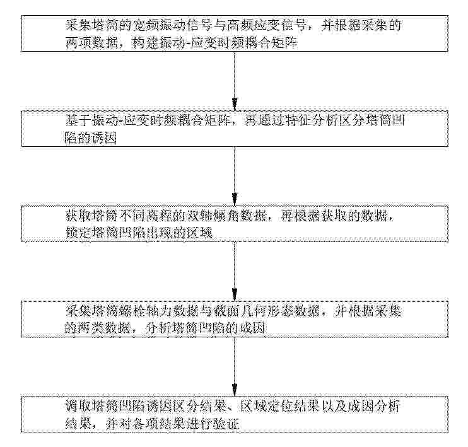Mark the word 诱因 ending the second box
(x=103, y=138)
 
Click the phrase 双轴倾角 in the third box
(x=211, y=216)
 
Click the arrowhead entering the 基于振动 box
(x=235, y=104)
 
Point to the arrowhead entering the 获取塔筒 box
(x=235, y=199)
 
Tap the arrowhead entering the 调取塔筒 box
(x=235, y=390)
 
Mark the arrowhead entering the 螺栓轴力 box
(x=235, y=294)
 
